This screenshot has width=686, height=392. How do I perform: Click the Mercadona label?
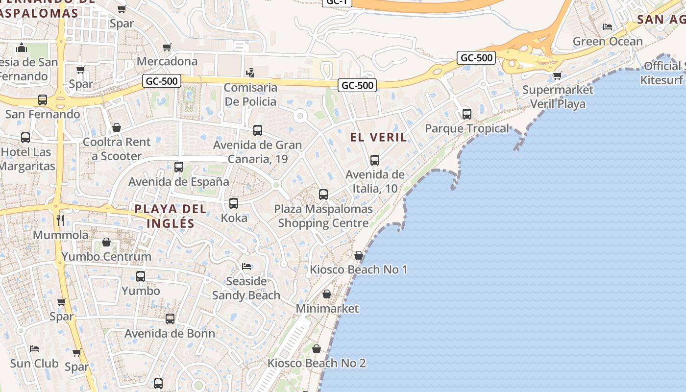click(167, 61)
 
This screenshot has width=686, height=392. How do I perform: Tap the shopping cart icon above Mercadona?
click(167, 48)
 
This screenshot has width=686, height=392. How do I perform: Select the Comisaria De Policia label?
click(250, 95)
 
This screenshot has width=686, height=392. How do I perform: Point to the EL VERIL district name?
click(378, 137)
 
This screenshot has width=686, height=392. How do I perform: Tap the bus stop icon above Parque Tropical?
click(467, 114)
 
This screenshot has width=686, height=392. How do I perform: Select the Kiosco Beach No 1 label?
click(359, 269)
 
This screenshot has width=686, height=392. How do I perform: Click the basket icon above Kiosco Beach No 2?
click(317, 349)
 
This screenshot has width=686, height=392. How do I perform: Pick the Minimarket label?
click(327, 309)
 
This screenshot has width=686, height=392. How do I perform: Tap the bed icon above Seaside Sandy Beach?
click(246, 267)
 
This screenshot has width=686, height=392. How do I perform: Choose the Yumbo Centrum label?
click(106, 256)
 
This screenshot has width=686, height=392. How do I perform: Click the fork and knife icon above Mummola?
click(60, 220)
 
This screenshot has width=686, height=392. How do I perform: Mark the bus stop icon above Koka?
click(234, 203)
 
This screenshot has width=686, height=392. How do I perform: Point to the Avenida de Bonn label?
click(170, 334)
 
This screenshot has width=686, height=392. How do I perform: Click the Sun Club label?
click(34, 364)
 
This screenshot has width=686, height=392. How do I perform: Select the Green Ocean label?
click(608, 41)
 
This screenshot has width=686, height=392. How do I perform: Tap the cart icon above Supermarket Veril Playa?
click(557, 76)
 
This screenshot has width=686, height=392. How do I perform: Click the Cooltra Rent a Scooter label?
click(117, 149)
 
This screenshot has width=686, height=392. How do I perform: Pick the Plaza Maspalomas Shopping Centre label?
click(323, 216)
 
